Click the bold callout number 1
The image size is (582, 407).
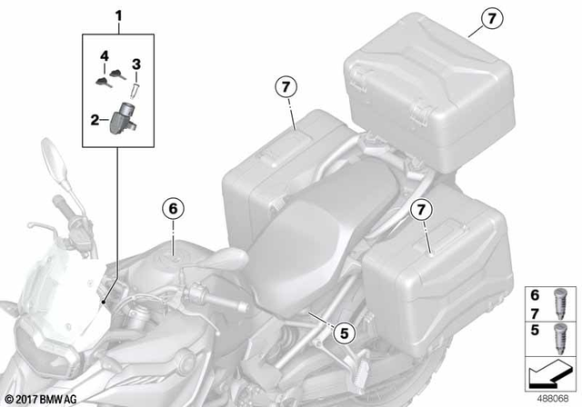117,15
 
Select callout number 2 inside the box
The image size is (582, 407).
95,119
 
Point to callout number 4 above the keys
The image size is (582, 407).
104,56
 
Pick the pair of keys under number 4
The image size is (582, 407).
107,82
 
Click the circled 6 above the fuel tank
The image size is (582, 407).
172,208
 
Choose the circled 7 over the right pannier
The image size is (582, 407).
419,212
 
